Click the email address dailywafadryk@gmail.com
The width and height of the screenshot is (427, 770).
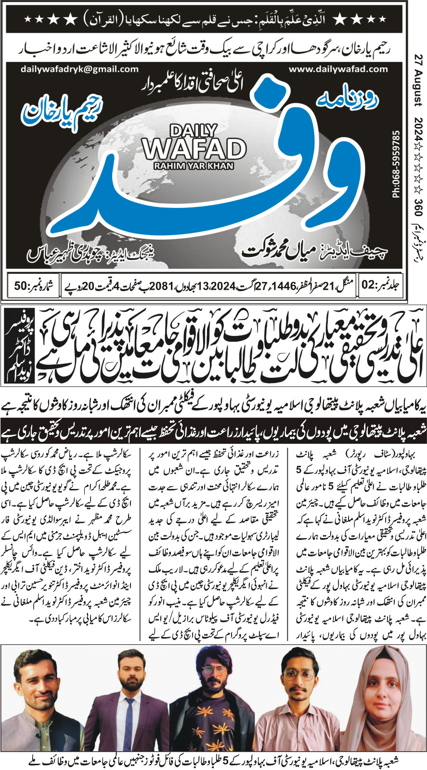click(x=80, y=69)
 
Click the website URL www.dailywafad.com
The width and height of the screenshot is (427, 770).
click(x=338, y=69)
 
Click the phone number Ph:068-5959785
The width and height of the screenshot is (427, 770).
click(x=396, y=164)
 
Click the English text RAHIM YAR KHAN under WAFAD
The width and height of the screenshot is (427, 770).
click(x=194, y=166)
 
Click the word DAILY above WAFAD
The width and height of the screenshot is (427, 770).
click(x=194, y=130)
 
